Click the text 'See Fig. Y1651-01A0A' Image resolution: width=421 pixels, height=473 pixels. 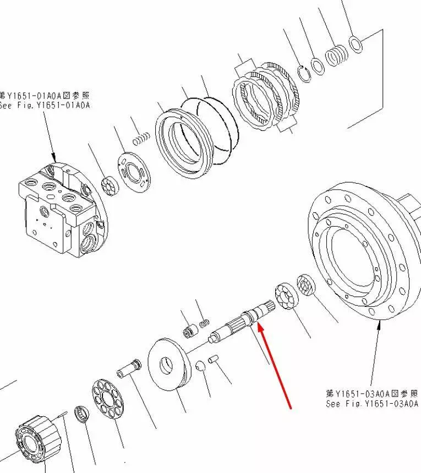45,106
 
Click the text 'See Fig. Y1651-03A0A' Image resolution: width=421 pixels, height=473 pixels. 372,404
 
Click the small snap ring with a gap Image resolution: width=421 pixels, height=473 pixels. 304,73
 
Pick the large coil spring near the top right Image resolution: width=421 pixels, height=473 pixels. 336,55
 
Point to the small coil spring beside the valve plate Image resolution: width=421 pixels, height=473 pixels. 141,139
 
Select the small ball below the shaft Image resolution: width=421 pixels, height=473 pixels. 200,366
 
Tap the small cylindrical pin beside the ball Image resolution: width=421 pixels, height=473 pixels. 214,360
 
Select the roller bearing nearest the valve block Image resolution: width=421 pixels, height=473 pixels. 110,185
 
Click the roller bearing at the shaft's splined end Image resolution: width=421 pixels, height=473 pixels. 286,296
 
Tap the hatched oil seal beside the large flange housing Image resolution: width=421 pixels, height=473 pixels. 306,285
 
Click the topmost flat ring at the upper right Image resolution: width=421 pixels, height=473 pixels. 356,44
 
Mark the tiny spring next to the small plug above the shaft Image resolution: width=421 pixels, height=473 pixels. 204,323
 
